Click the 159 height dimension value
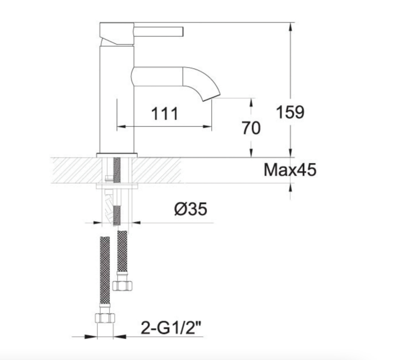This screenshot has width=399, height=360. pos(290,112)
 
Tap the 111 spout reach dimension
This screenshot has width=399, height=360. pos(165,114)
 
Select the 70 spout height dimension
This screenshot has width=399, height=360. pos(251,128)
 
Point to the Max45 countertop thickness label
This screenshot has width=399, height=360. pos(290,170)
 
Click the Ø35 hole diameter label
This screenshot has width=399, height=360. pos(191,209)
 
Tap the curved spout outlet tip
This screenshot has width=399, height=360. pos(212,97)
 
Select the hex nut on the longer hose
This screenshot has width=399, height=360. pos(105,318)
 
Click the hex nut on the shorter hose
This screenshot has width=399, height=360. pos(122,286)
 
